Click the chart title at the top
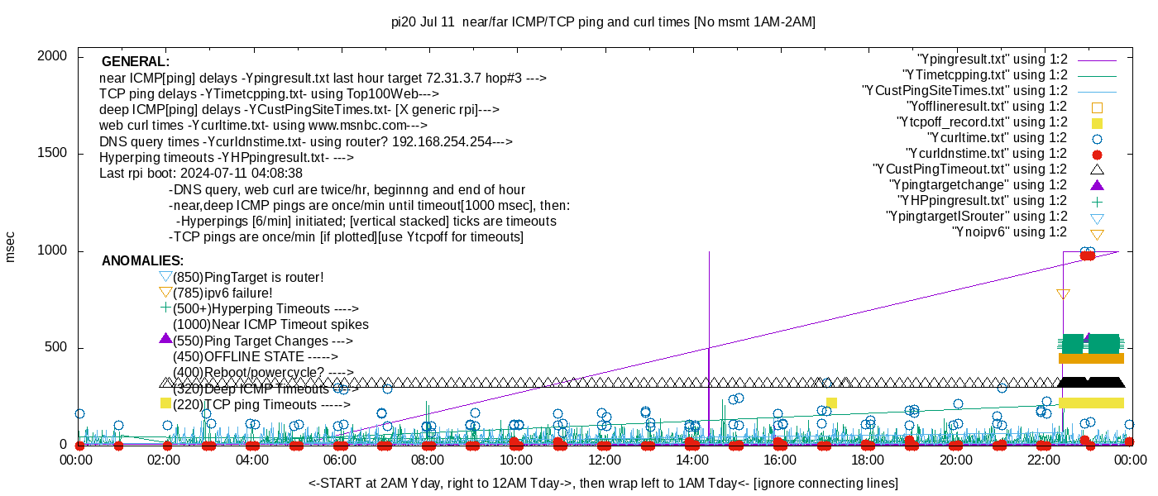point(603,22)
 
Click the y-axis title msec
point(10,246)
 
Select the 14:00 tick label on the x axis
point(691,460)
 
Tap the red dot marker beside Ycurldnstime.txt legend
point(1097,155)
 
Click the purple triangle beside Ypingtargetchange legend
point(1097,184)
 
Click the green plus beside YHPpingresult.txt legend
point(1097,201)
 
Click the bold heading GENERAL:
point(136,62)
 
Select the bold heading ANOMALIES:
point(142,261)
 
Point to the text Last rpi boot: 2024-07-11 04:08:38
point(201,174)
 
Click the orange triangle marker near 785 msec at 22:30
point(1063,294)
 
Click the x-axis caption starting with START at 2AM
point(603,483)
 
